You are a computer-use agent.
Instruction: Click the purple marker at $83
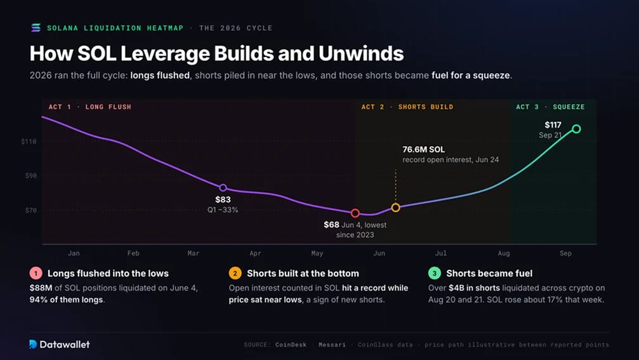coord(223,187)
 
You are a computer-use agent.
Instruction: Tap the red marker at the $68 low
coord(355,213)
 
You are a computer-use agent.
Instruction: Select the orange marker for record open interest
coord(395,208)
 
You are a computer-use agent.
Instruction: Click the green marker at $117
coord(576,129)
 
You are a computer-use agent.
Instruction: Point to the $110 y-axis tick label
coord(29,142)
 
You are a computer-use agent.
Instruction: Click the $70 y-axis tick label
coord(30,210)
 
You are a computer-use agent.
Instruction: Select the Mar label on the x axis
coord(193,253)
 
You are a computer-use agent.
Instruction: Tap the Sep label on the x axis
coord(565,253)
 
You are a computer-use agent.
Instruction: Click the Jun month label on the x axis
coord(379,253)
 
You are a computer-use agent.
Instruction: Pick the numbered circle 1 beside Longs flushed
coord(36,273)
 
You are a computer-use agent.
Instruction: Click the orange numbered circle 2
coord(235,273)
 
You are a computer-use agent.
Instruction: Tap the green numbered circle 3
coord(435,273)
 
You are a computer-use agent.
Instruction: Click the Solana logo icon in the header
coord(36,28)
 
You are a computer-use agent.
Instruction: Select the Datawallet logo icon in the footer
coord(33,344)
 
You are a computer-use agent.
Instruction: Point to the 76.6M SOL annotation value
coord(423,150)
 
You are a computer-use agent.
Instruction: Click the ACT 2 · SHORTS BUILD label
coord(407,107)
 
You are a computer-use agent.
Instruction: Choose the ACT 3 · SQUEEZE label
coord(550,107)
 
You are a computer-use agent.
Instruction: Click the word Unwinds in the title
coord(361,53)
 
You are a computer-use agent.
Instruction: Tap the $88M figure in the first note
coord(41,288)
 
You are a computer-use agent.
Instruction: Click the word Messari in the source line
coord(332,345)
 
